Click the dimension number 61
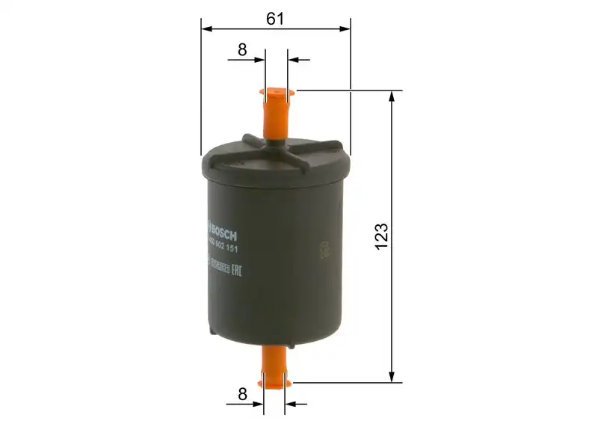(275, 19)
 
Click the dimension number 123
(381, 236)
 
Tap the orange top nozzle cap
(275, 112)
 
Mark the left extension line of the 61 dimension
(201, 90)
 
